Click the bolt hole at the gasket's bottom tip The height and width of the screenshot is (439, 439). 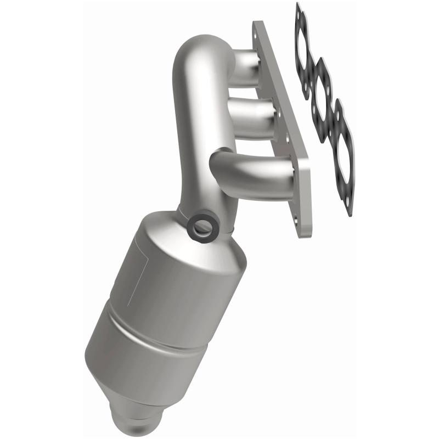point(347,206)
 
